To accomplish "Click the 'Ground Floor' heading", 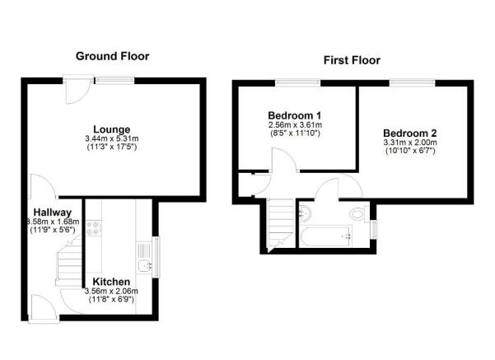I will click(x=112, y=56).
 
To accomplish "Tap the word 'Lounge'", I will click(x=111, y=129).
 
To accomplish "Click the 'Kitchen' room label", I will click(x=111, y=282).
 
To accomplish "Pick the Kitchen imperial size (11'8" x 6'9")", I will click(x=111, y=300).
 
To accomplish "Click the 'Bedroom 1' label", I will click(x=295, y=115).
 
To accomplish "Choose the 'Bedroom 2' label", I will click(x=409, y=133).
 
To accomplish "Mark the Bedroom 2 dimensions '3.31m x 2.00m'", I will click(x=409, y=143).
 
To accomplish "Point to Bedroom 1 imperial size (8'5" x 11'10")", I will click(x=295, y=133).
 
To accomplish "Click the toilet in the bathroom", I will click(x=357, y=214).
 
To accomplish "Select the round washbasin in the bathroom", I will click(x=306, y=213).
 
